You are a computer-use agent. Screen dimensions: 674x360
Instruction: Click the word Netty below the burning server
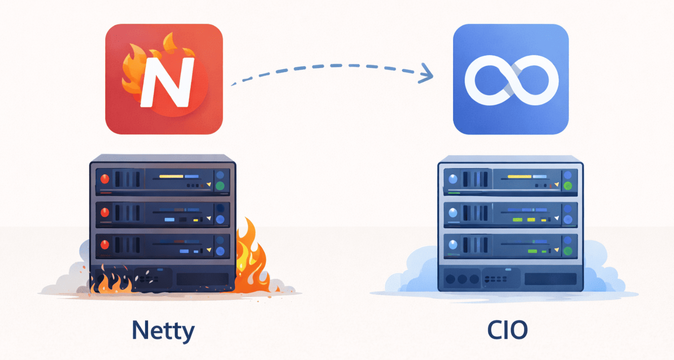pos(163,330)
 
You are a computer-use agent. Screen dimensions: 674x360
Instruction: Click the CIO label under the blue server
pos(508,330)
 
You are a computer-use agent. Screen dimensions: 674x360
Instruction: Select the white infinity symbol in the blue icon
pos(511,80)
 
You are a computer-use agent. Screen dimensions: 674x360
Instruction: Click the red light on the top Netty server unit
pos(105,178)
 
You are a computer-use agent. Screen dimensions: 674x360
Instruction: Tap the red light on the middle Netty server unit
pos(105,212)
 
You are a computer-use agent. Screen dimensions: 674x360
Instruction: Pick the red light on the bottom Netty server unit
pos(105,244)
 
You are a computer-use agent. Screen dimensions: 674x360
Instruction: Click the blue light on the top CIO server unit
pos(453,179)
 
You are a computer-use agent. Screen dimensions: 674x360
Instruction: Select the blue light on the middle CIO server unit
pos(453,212)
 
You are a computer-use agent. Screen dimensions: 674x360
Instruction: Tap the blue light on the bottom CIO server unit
pos(453,244)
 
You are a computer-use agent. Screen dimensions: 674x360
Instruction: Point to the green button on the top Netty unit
pos(220,186)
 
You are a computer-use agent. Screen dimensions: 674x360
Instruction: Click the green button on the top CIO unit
pos(568,186)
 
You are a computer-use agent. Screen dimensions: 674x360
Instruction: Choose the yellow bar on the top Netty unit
pos(171,176)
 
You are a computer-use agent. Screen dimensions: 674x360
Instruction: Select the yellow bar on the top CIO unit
pos(519,177)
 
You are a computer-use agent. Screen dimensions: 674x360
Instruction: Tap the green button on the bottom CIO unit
pos(568,251)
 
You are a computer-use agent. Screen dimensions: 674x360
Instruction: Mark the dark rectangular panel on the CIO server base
pos(550,279)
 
